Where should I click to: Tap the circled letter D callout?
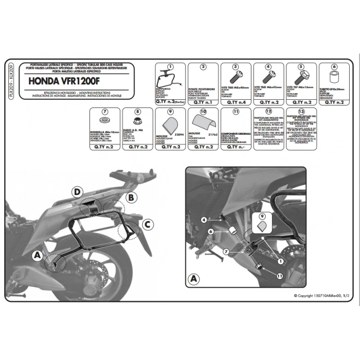76,192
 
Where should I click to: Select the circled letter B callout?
131,197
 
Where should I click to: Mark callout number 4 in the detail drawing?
204,220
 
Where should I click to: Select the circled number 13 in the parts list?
301,111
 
